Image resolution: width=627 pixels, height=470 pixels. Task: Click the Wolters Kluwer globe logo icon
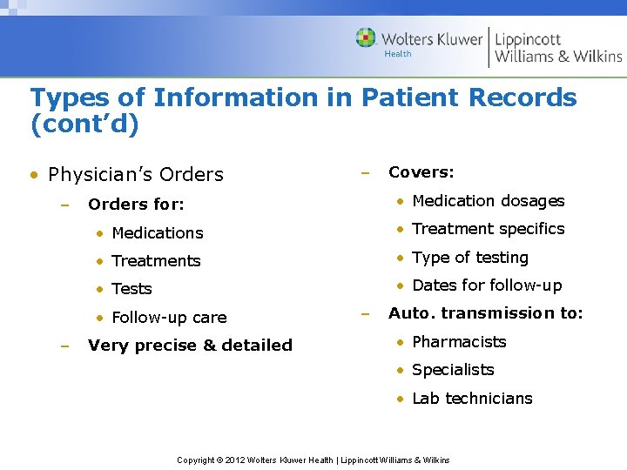[x=366, y=38]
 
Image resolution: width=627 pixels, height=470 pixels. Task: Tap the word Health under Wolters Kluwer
[x=398, y=54]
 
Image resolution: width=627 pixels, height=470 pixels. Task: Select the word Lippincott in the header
[x=528, y=38]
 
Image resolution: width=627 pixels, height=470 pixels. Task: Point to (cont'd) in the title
[x=84, y=124]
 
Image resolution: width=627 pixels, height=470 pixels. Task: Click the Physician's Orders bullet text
[x=136, y=175]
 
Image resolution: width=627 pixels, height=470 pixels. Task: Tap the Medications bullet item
[x=158, y=233]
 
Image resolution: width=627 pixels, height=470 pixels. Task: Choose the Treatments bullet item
[x=157, y=261]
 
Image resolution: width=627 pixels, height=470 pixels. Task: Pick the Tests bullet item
[x=132, y=289]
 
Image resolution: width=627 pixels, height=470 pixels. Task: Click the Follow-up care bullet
[x=169, y=318]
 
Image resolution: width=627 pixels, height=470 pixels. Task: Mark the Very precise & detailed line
[x=190, y=346]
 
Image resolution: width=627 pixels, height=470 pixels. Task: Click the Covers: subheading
[x=421, y=172]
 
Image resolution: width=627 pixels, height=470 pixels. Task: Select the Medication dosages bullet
[x=488, y=201]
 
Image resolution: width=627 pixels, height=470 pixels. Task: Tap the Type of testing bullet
[x=470, y=258]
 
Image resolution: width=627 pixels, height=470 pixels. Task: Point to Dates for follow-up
[x=487, y=285]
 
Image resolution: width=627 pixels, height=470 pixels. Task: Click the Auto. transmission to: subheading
[x=486, y=313]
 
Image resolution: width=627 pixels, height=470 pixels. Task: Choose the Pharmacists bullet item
[x=459, y=342]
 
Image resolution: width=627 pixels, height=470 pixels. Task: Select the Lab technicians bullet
[x=472, y=399]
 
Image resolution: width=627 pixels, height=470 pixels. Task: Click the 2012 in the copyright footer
[x=235, y=460]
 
